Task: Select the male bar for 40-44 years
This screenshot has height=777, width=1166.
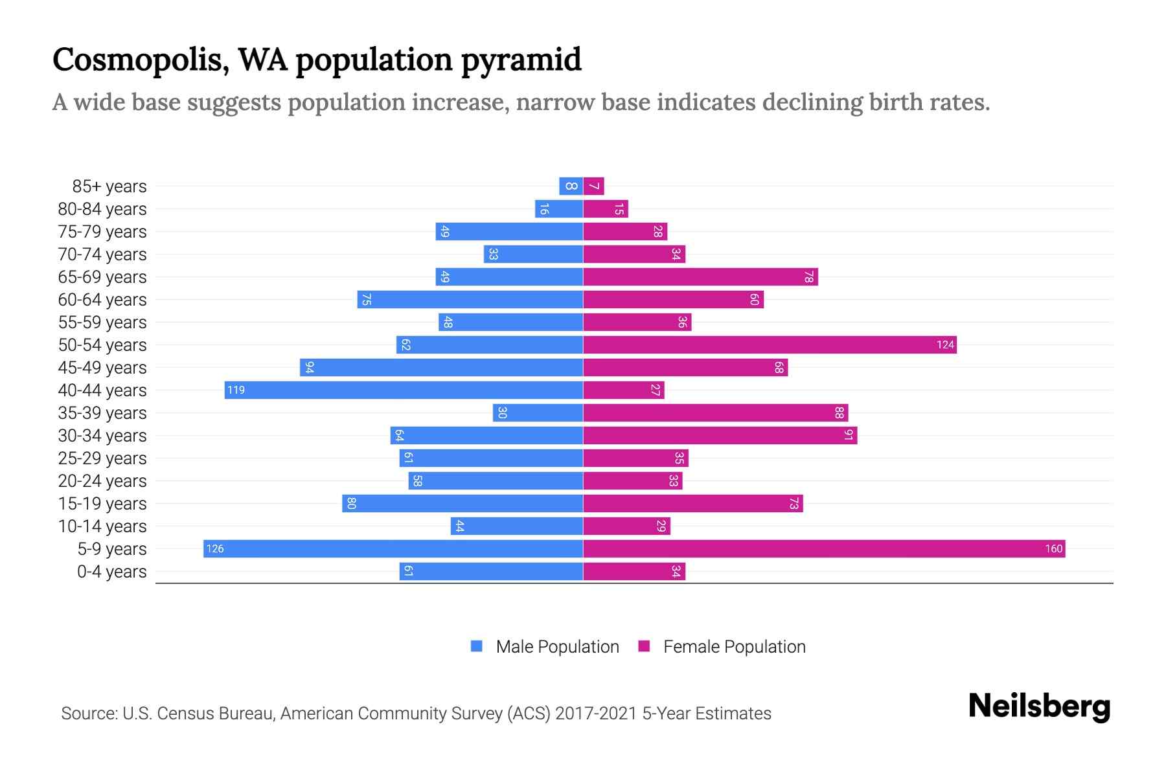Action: (404, 390)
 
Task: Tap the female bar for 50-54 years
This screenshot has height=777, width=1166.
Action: (770, 344)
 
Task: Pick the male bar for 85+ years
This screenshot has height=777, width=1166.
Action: (571, 186)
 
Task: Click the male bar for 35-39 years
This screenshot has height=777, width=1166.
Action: (538, 412)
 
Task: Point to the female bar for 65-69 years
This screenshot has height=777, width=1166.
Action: (700, 276)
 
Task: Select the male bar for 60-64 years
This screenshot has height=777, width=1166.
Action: (470, 299)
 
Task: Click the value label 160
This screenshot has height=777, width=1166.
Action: (1053, 548)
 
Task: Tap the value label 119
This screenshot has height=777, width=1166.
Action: (236, 390)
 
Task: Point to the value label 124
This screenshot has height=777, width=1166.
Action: (945, 344)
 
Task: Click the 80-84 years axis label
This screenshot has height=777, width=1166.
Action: (102, 209)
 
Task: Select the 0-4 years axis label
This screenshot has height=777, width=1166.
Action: (111, 572)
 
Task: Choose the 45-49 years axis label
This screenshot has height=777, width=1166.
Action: (102, 368)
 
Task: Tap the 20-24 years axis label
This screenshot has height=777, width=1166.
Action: (102, 481)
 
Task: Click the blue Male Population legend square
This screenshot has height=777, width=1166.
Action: (477, 646)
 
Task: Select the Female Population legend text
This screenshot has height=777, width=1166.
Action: (734, 646)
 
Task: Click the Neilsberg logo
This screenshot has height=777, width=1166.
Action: (1039, 706)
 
